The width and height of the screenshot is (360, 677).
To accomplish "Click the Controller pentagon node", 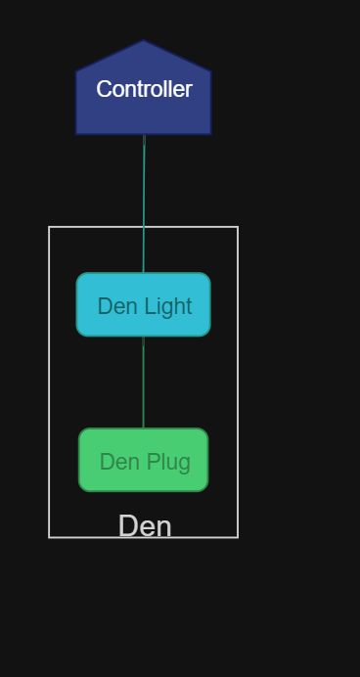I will (144, 98).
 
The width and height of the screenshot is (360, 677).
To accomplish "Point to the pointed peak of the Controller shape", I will (144, 42).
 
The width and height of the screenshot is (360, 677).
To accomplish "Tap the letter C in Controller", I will (103, 89).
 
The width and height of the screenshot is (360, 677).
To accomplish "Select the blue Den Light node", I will (144, 304).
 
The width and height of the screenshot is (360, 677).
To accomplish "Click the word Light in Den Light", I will (168, 306).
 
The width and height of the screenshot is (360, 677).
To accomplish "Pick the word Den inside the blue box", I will (117, 306).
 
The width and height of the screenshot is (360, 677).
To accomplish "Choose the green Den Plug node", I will (144, 460).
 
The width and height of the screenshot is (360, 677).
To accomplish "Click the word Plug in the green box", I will (169, 462).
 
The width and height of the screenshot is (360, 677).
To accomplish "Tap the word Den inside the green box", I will (119, 462).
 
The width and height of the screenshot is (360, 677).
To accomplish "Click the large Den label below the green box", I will (145, 526).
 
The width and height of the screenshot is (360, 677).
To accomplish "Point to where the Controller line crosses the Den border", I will (144, 227).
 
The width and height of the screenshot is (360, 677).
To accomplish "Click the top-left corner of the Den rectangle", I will (49, 227).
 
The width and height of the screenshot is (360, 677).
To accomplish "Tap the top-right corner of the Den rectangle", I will (238, 227).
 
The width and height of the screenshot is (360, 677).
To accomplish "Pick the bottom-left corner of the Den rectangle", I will (49, 537).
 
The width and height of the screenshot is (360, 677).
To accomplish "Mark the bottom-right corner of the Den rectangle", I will (238, 537).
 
